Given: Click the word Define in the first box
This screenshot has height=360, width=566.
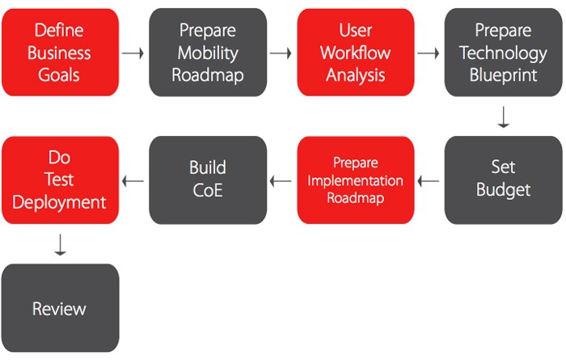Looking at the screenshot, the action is click(59, 30).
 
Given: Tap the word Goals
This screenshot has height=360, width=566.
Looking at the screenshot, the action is click(59, 75).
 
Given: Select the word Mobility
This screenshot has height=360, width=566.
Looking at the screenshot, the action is click(208, 53).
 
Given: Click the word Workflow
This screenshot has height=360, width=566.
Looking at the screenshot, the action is click(356, 53).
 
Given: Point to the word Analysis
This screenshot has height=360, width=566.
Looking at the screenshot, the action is click(356, 75).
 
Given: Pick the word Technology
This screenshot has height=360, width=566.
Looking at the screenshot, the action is click(503, 53).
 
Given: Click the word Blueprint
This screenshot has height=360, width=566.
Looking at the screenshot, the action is click(503, 75).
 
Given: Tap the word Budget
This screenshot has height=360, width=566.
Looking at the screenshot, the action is click(503, 190).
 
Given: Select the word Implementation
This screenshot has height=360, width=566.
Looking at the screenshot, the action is click(356, 180).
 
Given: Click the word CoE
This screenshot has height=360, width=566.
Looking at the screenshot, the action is click(208, 190).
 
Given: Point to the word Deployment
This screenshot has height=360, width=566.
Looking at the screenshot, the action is click(59, 202).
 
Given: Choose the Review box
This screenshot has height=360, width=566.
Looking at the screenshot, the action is click(61, 308).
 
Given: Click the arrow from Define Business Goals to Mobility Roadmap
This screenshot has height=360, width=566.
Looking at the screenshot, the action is click(133, 53).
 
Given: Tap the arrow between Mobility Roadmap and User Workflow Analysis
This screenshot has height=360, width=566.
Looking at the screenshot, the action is click(281, 53).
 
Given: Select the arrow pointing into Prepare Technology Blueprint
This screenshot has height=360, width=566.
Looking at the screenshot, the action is click(429, 53).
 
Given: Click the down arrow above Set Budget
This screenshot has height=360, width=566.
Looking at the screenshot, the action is click(503, 117).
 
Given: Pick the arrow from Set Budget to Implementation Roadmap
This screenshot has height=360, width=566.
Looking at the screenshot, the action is click(429, 181).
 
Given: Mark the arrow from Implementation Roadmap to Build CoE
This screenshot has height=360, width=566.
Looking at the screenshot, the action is click(281, 181).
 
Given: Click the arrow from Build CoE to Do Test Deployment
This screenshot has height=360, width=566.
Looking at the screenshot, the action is click(133, 181).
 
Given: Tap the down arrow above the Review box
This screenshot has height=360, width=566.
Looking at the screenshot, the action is click(61, 245).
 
